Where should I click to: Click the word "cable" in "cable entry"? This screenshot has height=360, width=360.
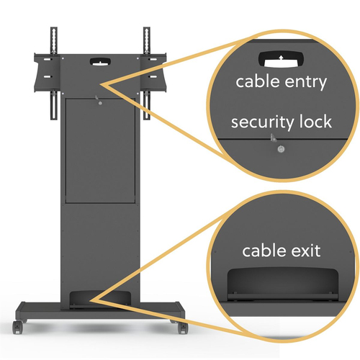257,82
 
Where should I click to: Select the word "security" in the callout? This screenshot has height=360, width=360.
262,122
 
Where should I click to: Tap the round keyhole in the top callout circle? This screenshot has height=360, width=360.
281,149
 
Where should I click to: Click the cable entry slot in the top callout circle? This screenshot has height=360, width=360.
281,59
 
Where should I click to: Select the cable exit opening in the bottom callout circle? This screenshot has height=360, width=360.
283,284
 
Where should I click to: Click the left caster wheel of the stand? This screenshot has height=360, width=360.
17,328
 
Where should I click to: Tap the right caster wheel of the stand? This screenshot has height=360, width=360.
183,328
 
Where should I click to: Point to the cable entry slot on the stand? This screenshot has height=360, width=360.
100,61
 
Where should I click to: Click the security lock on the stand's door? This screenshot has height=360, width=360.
100,103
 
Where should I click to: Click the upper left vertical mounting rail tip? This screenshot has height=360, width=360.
54,28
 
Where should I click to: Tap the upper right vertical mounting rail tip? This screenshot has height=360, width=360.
147,28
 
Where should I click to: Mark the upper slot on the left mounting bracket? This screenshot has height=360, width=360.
48,59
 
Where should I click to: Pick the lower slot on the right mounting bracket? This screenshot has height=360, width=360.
153,77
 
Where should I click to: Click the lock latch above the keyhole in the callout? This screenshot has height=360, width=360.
272,138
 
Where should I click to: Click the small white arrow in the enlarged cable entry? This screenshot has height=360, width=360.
281,58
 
